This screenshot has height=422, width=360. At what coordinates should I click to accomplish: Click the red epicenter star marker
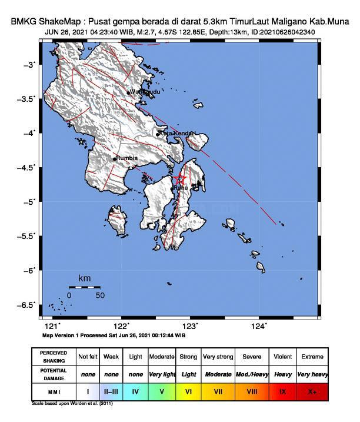(x=181, y=179)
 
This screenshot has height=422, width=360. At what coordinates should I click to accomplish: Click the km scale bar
(x=84, y=287)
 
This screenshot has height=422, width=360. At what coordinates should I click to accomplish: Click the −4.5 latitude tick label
(x=26, y=167)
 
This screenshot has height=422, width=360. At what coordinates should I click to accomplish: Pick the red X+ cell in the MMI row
(x=312, y=390)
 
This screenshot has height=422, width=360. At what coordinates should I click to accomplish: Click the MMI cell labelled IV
(x=136, y=390)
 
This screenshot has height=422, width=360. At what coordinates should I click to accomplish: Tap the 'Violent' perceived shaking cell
(x=283, y=357)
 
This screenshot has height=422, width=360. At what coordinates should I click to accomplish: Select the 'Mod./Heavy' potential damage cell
(x=252, y=374)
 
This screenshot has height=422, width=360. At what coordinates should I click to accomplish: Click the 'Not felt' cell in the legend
(x=88, y=357)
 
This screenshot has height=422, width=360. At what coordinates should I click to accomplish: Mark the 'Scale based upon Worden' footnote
(x=72, y=404)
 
